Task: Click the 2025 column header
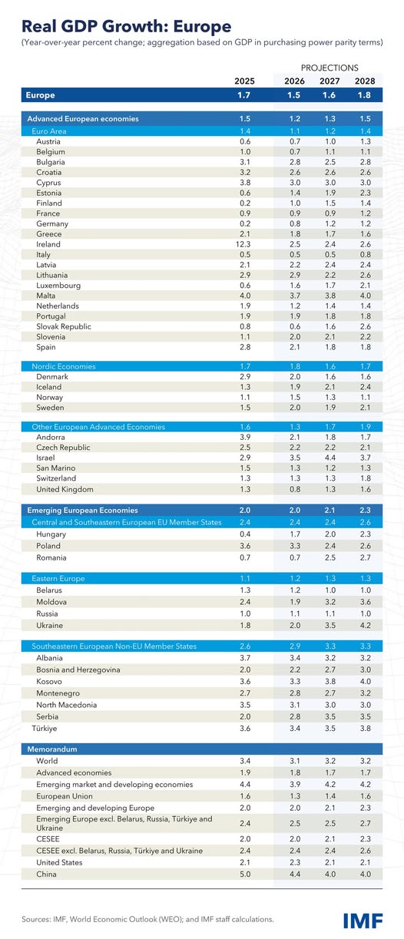(245, 81)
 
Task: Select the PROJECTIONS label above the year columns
(329, 68)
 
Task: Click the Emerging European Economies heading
(82, 510)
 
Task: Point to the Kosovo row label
(50, 682)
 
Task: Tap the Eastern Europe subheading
(58, 577)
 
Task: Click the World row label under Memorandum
(48, 761)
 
